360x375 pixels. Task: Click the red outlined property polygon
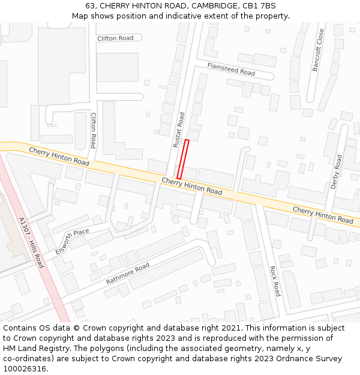(x=183, y=159)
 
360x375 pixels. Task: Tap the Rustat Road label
(x=178, y=130)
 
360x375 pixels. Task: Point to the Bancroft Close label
(x=318, y=50)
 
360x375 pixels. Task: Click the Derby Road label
(x=337, y=172)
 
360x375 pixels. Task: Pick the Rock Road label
(x=275, y=281)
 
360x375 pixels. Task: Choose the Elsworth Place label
(x=72, y=241)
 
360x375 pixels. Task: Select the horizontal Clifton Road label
(x=115, y=38)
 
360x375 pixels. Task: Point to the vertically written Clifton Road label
(x=93, y=130)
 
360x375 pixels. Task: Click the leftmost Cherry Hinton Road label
(x=59, y=157)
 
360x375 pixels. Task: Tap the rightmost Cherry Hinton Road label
(x=323, y=215)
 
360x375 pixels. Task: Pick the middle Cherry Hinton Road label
(x=191, y=186)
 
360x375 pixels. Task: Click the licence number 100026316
(x=25, y=369)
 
